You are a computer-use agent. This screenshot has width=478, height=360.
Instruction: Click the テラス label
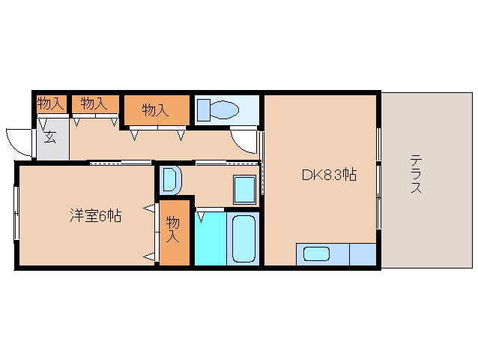[x=415, y=174]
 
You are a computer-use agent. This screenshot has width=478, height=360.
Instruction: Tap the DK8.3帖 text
[x=328, y=175]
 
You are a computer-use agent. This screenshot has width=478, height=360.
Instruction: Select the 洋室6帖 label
[x=96, y=216]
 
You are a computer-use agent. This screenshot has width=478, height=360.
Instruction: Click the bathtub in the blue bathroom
[x=244, y=238]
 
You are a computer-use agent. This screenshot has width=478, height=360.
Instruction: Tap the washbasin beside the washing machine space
[x=170, y=181]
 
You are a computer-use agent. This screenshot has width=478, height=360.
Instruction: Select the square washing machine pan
[x=244, y=189]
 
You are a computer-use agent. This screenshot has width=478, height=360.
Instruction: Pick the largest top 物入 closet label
[x=154, y=110]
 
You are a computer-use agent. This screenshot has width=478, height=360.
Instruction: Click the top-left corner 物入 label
[x=49, y=103]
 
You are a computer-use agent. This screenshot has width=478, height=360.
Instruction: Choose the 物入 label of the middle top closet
[x=93, y=103]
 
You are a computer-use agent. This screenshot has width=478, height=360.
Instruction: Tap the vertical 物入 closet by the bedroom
[x=173, y=229]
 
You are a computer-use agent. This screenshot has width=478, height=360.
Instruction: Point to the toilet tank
[x=203, y=110]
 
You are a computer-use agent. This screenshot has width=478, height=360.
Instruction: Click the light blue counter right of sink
[x=363, y=254]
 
